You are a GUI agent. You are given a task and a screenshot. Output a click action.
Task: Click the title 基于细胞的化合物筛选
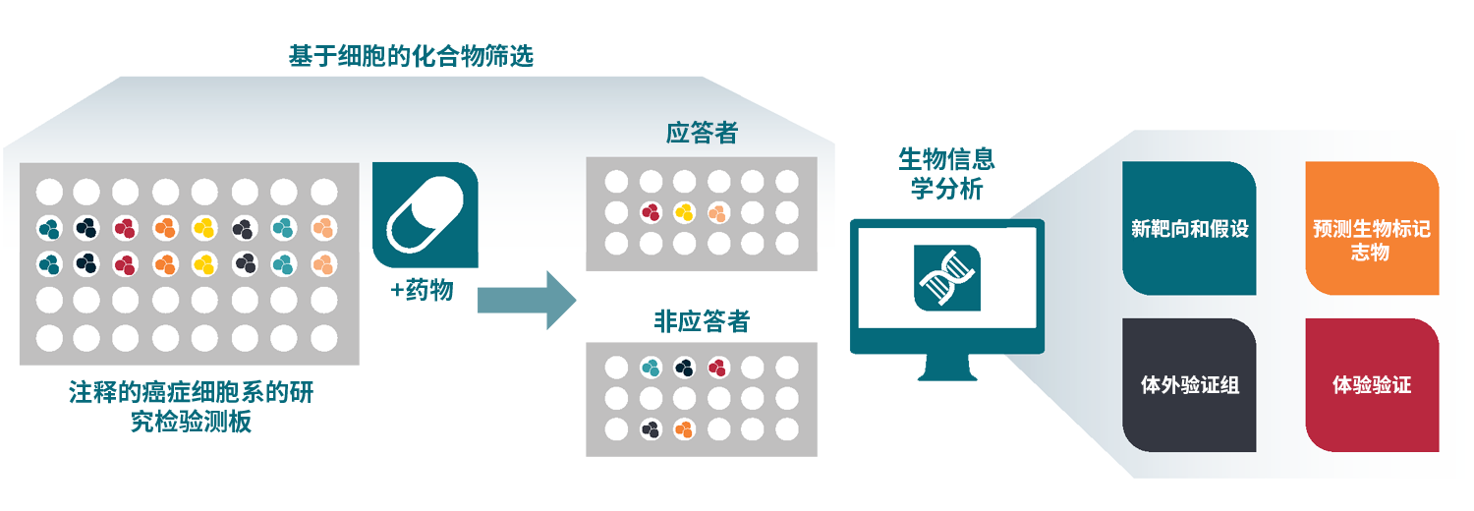pyautogui.click(x=411, y=56)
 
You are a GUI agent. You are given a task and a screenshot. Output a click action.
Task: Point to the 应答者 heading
pyautogui.click(x=701, y=133)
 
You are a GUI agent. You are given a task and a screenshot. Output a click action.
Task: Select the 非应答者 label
pyautogui.click(x=701, y=321)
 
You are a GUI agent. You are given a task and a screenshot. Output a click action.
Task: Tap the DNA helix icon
pyautogui.click(x=947, y=278)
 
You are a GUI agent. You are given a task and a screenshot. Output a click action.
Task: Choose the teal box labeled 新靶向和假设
pyautogui.click(x=1189, y=229)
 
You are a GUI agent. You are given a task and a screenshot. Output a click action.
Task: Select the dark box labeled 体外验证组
pyautogui.click(x=1189, y=385)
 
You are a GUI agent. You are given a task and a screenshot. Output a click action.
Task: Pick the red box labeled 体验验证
pyautogui.click(x=1372, y=385)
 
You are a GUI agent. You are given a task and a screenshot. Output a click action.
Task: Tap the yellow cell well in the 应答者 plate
pyautogui.click(x=684, y=211)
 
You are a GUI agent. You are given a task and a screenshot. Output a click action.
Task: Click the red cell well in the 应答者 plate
pyautogui.click(x=650, y=211)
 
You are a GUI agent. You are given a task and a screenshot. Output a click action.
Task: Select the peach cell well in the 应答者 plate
pyautogui.click(x=718, y=211)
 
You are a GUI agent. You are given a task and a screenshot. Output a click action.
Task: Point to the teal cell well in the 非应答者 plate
pyautogui.click(x=650, y=368)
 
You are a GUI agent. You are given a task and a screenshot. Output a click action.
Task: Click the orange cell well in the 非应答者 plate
pyautogui.click(x=684, y=429)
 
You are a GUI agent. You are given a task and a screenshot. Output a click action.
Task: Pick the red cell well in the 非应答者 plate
pyautogui.click(x=718, y=368)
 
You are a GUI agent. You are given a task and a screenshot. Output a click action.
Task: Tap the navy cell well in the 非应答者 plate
pyautogui.click(x=684, y=368)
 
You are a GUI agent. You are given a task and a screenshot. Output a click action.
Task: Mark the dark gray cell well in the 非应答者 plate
pyautogui.click(x=650, y=429)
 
